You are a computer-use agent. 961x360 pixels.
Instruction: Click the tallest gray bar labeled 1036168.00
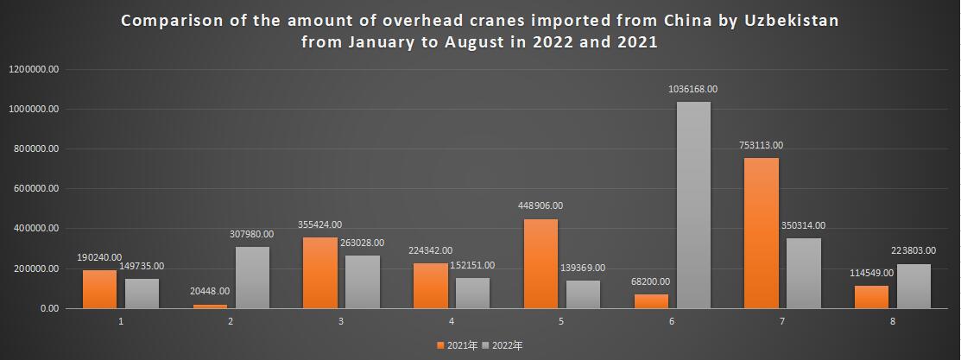tap(693, 205)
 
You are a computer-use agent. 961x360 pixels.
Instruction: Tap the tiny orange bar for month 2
tap(210, 306)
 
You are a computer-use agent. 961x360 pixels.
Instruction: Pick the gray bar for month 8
tap(914, 286)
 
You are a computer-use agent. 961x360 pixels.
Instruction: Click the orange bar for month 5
tap(541, 263)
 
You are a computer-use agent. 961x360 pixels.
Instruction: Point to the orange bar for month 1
tap(99, 289)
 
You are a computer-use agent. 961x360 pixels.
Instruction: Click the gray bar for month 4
tap(472, 293)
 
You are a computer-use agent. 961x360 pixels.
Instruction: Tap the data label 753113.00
tap(761, 146)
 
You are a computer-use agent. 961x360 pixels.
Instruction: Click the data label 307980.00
tap(251, 234)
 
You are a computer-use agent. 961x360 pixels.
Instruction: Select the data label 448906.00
tap(540, 205)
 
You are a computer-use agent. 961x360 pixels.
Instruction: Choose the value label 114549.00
tap(871, 273)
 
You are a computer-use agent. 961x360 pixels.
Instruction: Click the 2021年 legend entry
tap(457, 345)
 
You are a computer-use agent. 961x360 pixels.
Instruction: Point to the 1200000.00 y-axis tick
tap(34, 70)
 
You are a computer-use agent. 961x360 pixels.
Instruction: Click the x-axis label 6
tap(672, 321)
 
